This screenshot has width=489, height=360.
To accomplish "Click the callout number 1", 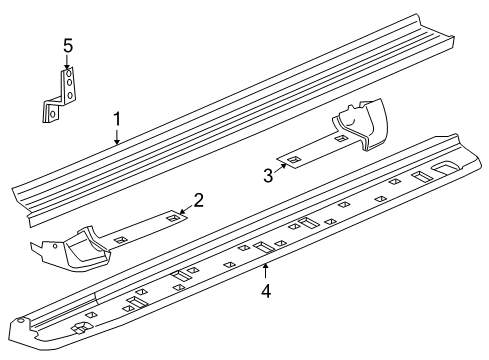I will coord(117,120).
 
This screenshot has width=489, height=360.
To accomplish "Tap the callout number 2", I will coord(199,200).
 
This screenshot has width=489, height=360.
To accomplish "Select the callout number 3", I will coord(268,176).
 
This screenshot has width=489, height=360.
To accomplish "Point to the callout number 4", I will coord(266,291).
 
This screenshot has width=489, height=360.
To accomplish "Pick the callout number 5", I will coord(68,45).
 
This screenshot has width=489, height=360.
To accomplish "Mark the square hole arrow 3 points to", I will coord(292,160).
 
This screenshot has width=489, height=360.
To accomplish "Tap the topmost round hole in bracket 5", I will coord(68,73).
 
